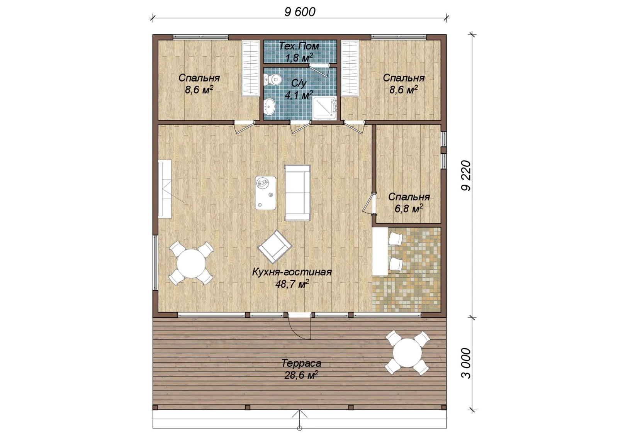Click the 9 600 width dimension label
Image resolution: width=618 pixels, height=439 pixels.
tap(300, 12)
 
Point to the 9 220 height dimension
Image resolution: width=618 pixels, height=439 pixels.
tap(466, 175)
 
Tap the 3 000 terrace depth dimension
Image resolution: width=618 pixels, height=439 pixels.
tap(466, 363)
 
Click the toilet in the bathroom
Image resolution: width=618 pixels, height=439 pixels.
tap(273, 80)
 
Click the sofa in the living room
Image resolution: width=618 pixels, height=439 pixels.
tap(297, 193)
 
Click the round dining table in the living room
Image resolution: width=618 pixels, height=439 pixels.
tap(191, 263)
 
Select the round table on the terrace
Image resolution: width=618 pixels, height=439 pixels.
tap(407, 353)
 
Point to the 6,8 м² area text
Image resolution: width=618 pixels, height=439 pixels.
tap(409, 209)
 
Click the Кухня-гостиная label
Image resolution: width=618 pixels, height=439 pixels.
tap(292, 272)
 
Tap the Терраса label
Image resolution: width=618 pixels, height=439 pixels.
tap(301, 363)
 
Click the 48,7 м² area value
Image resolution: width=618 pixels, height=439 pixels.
tap(292, 284)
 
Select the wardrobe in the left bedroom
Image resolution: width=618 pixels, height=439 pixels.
tap(251, 68)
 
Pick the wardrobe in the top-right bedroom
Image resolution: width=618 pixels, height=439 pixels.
tap(350, 68)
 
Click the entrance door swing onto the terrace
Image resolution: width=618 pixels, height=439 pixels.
tap(300, 328)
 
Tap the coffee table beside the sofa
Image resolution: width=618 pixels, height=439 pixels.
tap(265, 193)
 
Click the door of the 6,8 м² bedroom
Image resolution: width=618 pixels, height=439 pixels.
tap(368, 203)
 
